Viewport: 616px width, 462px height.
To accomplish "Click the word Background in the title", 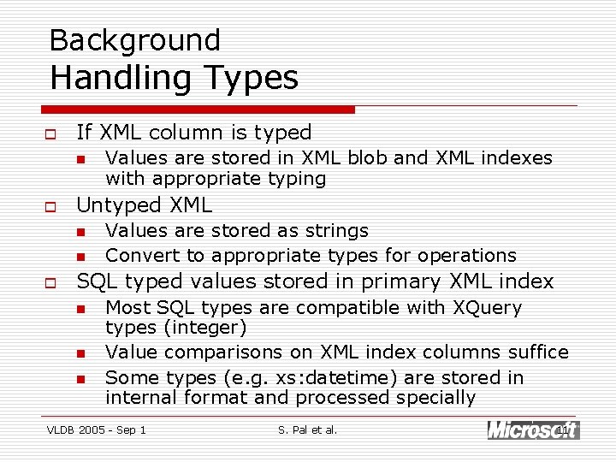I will [x=135, y=40].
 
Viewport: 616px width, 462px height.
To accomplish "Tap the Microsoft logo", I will [x=532, y=430].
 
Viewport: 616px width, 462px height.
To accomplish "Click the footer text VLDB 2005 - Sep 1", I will [x=96, y=429].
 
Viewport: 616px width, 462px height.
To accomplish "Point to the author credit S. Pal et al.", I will [x=308, y=429].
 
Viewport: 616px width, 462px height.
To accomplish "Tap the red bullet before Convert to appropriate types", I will [x=80, y=256].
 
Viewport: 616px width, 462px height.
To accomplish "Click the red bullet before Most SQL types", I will [x=80, y=308].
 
